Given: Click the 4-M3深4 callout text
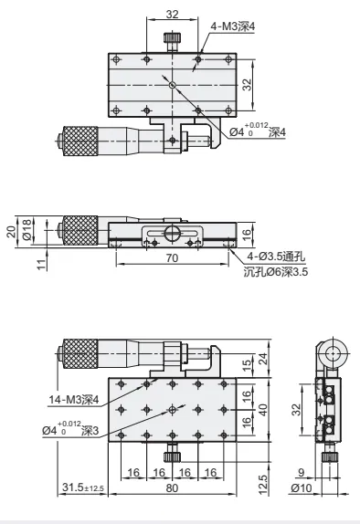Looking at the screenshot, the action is pyautogui.click(x=232, y=26).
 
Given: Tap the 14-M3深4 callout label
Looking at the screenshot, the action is pyautogui.click(x=74, y=399).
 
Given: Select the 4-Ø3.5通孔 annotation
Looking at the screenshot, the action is pyautogui.click(x=276, y=257).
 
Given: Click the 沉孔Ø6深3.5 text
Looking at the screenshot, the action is pyautogui.click(x=275, y=272).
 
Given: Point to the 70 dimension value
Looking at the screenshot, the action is pyautogui.click(x=172, y=258).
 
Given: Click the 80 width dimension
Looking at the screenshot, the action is pyautogui.click(x=172, y=487).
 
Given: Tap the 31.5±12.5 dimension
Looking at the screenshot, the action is pyautogui.click(x=83, y=487).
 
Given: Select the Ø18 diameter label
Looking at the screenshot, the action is pyautogui.click(x=27, y=229).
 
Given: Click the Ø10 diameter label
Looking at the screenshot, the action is pyautogui.click(x=302, y=487).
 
